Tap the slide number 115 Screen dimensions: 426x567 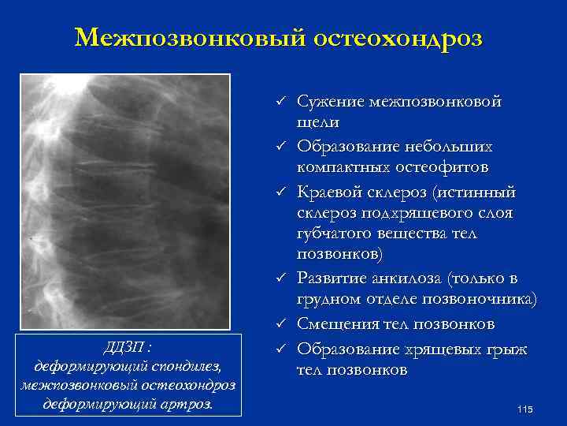[x=525, y=408]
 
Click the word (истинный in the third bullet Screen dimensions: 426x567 [x=476, y=192]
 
